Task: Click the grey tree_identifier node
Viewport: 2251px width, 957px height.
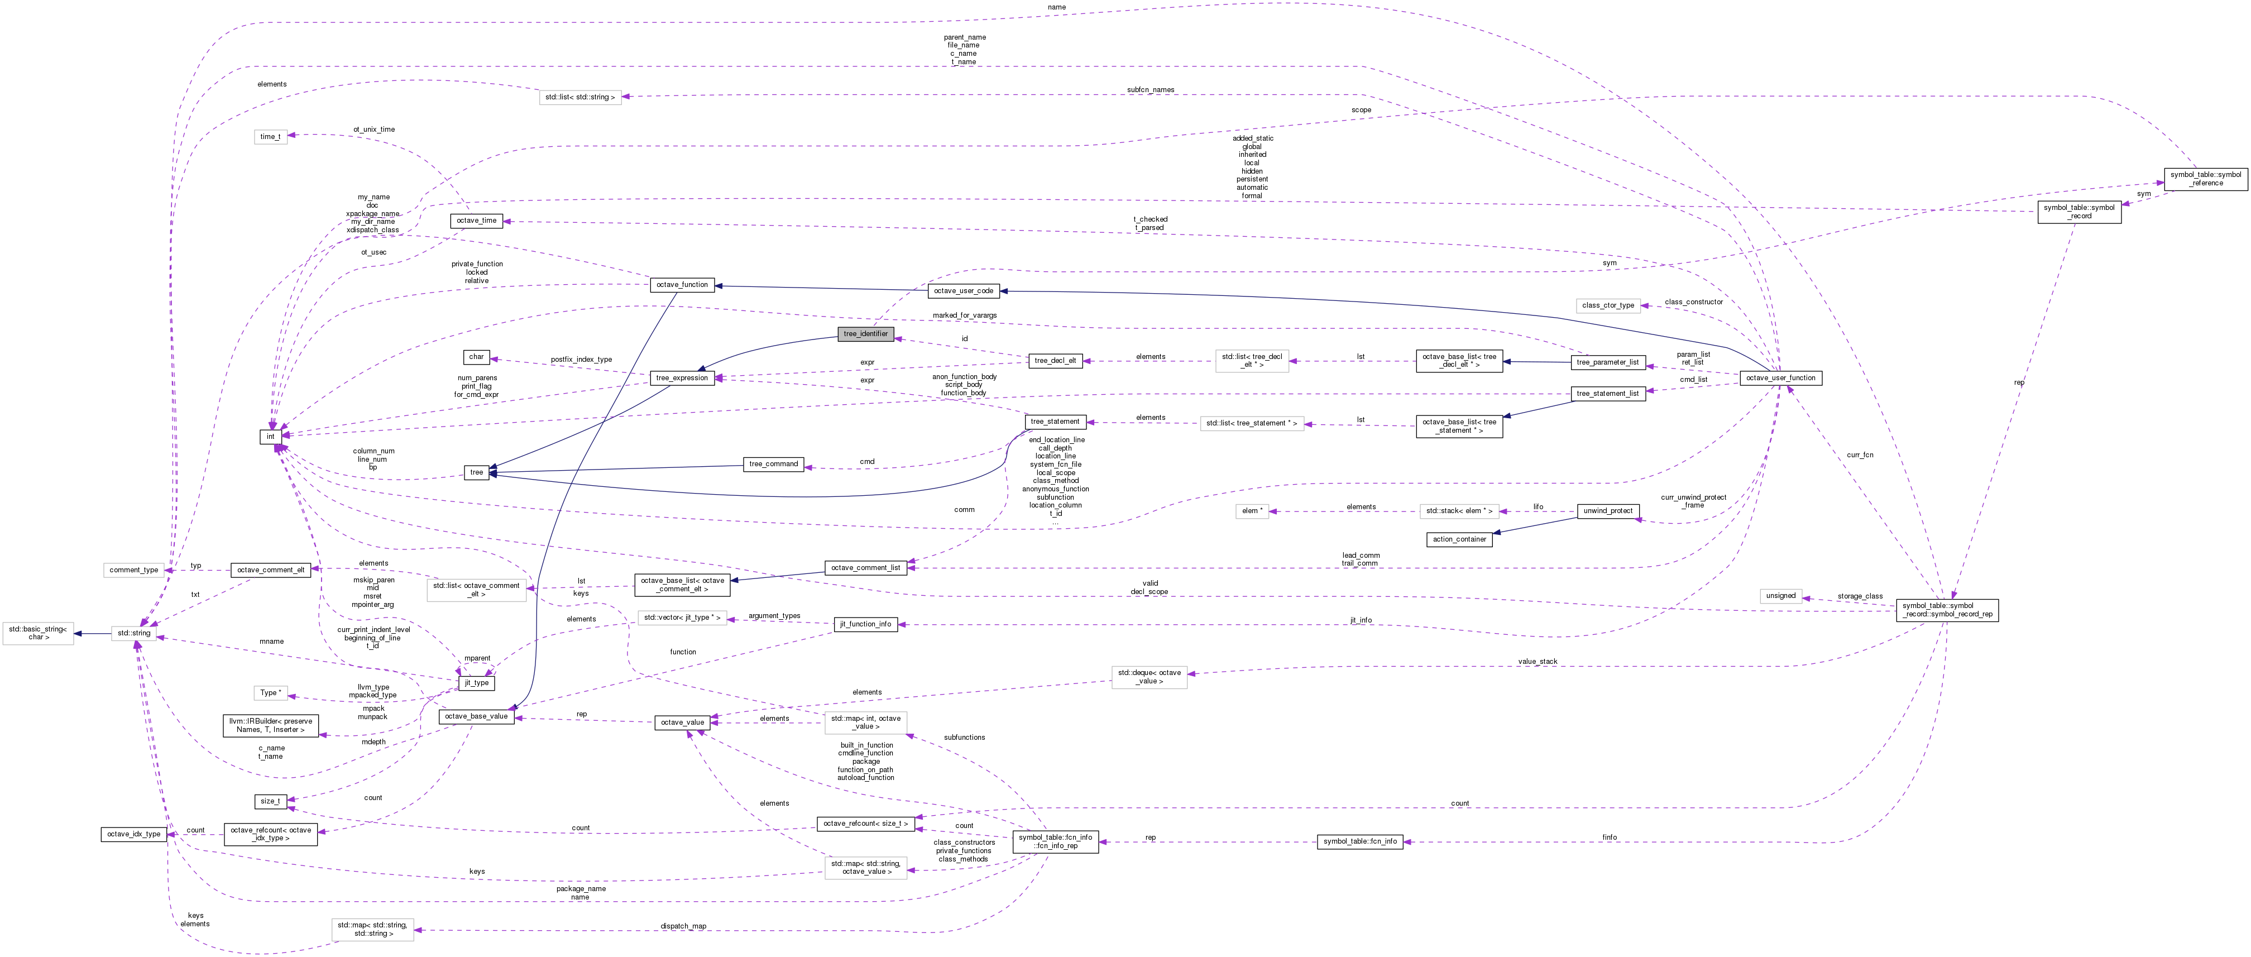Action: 865,334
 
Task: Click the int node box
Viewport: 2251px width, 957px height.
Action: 271,436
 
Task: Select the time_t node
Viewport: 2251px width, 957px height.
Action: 271,136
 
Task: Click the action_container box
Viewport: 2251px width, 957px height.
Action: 1459,539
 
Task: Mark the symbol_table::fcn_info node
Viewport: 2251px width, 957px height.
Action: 1359,841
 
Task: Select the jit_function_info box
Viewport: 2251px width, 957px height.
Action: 865,624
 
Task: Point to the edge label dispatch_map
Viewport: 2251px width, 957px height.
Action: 683,926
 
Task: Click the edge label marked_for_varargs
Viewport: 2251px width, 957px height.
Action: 964,315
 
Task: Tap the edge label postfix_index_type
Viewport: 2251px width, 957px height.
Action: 581,359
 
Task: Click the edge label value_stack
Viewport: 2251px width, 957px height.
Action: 1537,662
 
